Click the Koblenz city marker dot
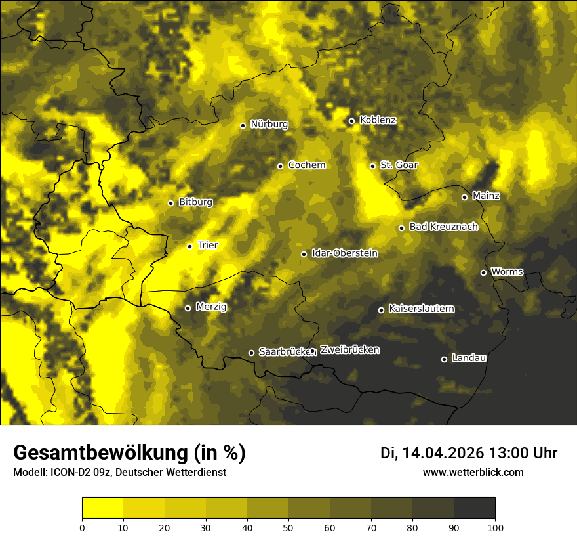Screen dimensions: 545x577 pyautogui.click(x=351, y=121)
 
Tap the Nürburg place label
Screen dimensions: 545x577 pyautogui.click(x=269, y=124)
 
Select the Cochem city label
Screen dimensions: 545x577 pyautogui.click(x=306, y=165)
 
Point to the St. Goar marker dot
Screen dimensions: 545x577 pyautogui.click(x=372, y=166)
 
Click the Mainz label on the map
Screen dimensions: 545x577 pyautogui.click(x=486, y=196)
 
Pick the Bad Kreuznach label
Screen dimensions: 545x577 pyautogui.click(x=443, y=227)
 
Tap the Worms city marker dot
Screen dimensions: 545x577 pyautogui.click(x=483, y=272)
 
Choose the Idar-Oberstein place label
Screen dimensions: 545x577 pyautogui.click(x=344, y=253)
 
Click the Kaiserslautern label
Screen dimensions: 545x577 pyautogui.click(x=421, y=309)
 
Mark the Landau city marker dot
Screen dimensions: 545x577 pyautogui.click(x=444, y=359)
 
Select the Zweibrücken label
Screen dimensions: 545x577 pyautogui.click(x=349, y=350)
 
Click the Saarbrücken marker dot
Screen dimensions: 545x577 pyautogui.click(x=251, y=353)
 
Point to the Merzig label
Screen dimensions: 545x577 pyautogui.click(x=211, y=307)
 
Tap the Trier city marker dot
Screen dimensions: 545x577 pyautogui.click(x=190, y=246)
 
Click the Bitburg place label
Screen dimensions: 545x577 pyautogui.click(x=195, y=202)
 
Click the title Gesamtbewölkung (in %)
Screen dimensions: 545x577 pyautogui.click(x=129, y=453)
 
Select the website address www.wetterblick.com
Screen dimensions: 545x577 pyautogui.click(x=473, y=472)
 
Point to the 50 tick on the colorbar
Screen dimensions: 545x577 pyautogui.click(x=288, y=527)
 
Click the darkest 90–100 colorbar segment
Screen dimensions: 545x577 pyautogui.click(x=474, y=508)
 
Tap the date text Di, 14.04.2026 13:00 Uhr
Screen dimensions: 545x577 pyautogui.click(x=468, y=453)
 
